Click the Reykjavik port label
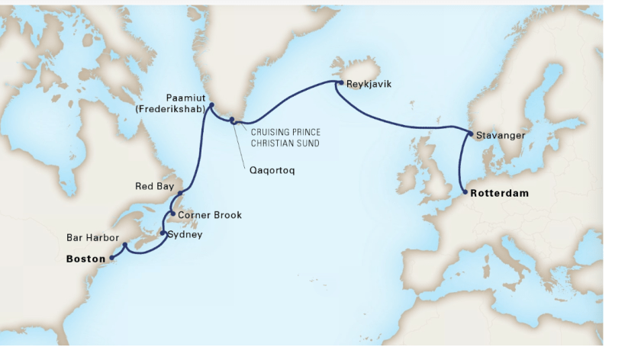[369, 84]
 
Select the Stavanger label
[501, 135]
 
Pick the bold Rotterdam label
[500, 194]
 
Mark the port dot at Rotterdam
[464, 193]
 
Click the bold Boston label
[85, 259]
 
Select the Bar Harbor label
[90, 239]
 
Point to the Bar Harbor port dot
[125, 246]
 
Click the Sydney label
[185, 235]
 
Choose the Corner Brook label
[209, 215]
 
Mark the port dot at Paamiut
[211, 106]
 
